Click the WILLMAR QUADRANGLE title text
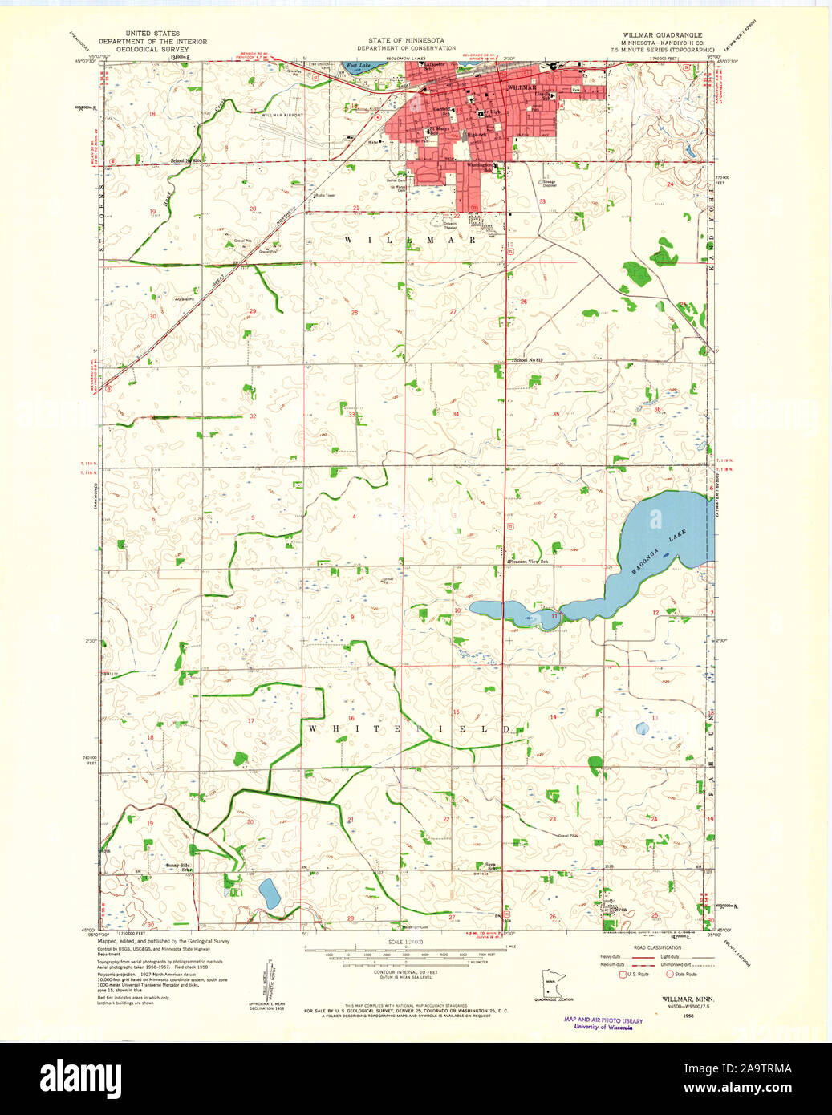[x=662, y=35]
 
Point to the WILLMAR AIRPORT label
[x=282, y=116]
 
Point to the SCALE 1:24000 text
[x=405, y=942]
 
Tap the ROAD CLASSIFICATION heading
[x=656, y=947]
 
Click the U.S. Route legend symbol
[x=621, y=974]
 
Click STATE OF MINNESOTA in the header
[x=406, y=40]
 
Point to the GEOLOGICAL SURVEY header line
[x=152, y=49]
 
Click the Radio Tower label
[x=325, y=195]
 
